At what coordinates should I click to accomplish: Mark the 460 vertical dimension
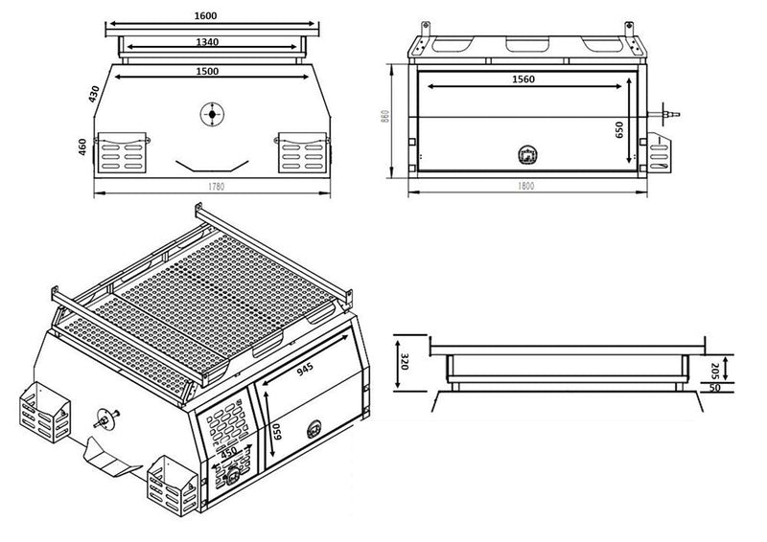pos(85,147)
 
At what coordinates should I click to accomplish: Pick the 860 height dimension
pos(383,117)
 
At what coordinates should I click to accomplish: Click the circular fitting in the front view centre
pos(211,114)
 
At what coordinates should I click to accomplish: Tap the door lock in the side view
pos(526,153)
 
